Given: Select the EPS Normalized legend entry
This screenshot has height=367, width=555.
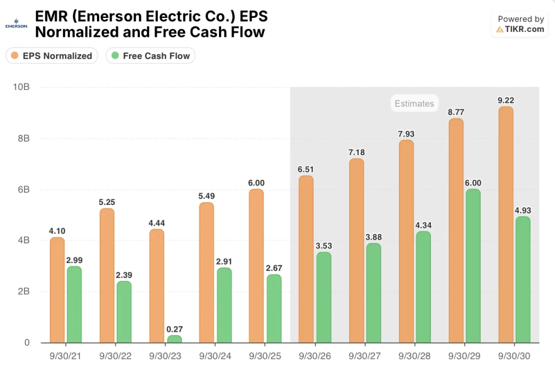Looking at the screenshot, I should pos(52,56).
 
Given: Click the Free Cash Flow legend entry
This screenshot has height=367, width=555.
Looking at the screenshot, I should pos(150,56).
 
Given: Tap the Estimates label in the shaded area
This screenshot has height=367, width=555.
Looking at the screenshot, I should pos(414,104).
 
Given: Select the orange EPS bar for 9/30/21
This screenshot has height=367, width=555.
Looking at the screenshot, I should pos(57,290).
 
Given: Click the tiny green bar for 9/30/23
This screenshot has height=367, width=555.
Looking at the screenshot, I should pos(174,339).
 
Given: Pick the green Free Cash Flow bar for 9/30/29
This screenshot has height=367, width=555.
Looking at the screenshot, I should pos(473,266).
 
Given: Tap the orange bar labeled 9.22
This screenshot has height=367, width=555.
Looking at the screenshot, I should pos(505,224).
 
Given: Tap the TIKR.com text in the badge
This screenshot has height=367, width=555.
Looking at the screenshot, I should pos(524,29).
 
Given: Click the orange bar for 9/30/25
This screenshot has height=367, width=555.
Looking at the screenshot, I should pos(256,266).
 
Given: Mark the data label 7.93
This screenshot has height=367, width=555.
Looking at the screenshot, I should pos(406,133).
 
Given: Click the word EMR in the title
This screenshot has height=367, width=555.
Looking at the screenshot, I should pos(48,17).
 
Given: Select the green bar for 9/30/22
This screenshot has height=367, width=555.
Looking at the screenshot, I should pos(124,312).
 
